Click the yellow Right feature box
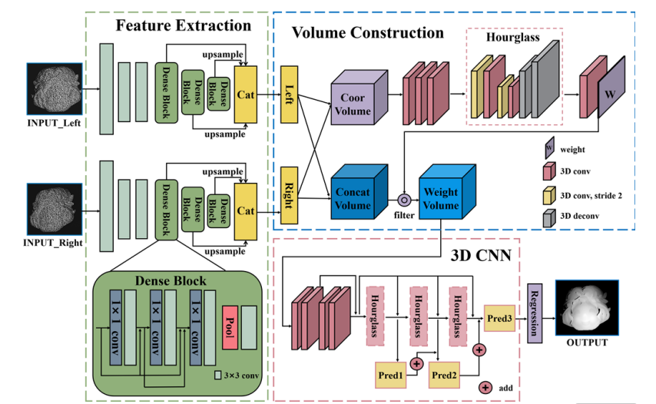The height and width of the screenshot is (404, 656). [x=290, y=195]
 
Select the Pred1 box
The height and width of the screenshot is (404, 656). [x=392, y=374]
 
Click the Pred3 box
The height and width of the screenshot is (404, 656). [x=500, y=316]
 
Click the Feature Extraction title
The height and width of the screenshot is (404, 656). [x=183, y=26]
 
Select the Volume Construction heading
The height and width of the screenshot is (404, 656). [x=367, y=33]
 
